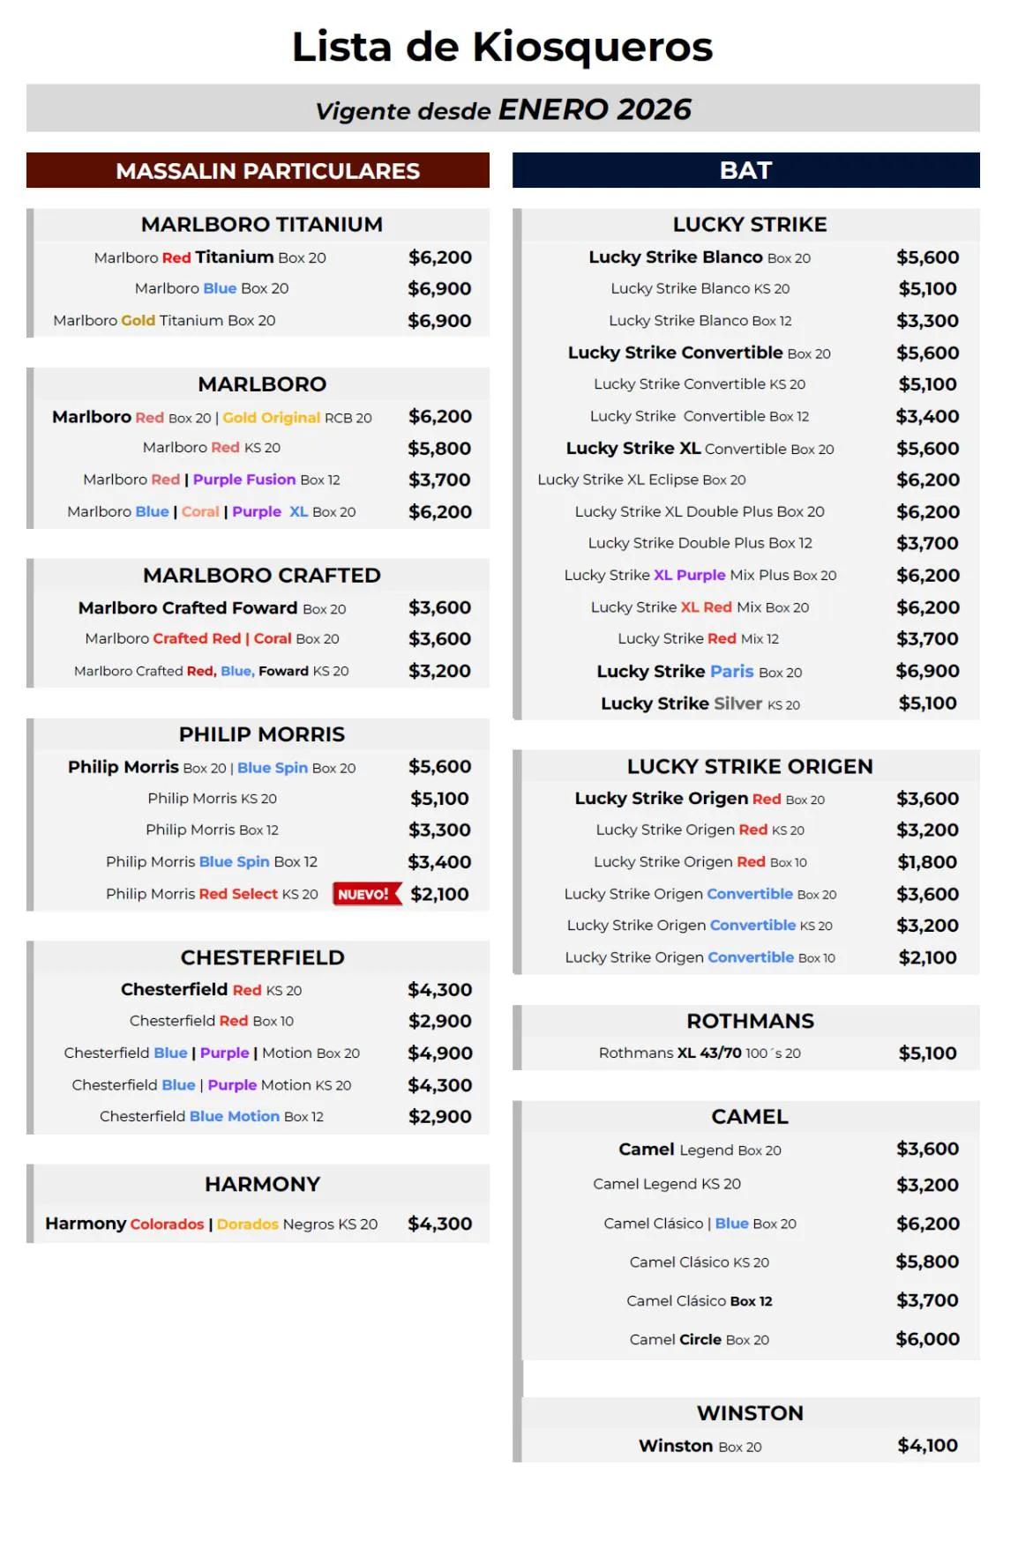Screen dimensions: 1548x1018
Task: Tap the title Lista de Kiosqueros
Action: (502, 47)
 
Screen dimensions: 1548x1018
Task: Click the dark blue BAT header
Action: (745, 170)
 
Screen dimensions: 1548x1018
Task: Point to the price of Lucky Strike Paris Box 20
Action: (927, 671)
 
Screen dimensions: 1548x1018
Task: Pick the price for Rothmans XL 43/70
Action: (927, 1053)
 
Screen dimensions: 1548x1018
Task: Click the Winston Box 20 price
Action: (927, 1446)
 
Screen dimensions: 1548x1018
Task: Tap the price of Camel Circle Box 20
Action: (927, 1339)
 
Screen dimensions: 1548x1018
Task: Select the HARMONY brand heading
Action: (262, 1184)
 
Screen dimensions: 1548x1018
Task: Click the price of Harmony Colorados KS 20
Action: (439, 1224)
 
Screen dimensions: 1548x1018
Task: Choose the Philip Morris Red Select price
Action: (439, 894)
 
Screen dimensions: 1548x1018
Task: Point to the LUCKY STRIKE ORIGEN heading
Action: (750, 766)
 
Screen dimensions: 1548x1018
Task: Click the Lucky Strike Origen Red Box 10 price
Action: (927, 862)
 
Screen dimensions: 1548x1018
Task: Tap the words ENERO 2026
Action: (595, 109)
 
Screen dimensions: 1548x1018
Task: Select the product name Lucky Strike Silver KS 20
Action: (700, 703)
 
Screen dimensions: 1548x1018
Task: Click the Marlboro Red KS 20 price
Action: (439, 448)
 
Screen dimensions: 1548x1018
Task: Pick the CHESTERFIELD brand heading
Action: (262, 957)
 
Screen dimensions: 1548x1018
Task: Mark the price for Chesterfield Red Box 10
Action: (439, 1021)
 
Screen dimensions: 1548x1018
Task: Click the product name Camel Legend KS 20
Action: (667, 1184)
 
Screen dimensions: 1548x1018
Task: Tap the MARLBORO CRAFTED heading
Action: (262, 575)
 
